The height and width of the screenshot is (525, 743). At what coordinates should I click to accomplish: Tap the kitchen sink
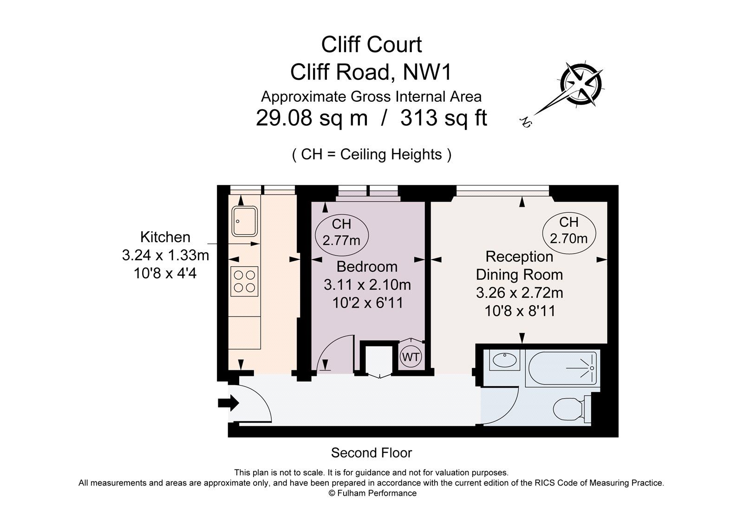tap(244, 221)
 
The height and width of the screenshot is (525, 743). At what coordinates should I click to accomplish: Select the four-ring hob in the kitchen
tap(244, 281)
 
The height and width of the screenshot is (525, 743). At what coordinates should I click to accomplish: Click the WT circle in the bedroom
tap(411, 357)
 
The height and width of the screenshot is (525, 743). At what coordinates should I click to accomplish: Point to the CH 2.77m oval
tap(341, 232)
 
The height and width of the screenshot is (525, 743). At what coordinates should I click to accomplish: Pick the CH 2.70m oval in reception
tap(569, 231)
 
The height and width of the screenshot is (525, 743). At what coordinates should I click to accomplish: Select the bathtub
tap(562, 368)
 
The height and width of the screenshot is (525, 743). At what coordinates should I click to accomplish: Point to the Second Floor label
tap(371, 453)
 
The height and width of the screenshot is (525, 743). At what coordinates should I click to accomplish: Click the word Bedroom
tap(367, 267)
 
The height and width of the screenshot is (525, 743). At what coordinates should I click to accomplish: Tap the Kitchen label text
tap(165, 237)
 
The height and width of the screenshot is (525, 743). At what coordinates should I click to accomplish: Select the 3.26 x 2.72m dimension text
tap(519, 293)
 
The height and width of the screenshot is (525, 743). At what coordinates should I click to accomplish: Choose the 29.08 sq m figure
tap(312, 118)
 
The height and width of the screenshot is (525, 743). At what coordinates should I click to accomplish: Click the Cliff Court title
tap(371, 45)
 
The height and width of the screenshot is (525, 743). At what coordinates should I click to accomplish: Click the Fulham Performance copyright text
tap(372, 493)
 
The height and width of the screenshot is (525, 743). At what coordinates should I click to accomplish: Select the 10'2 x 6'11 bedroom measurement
tap(367, 303)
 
